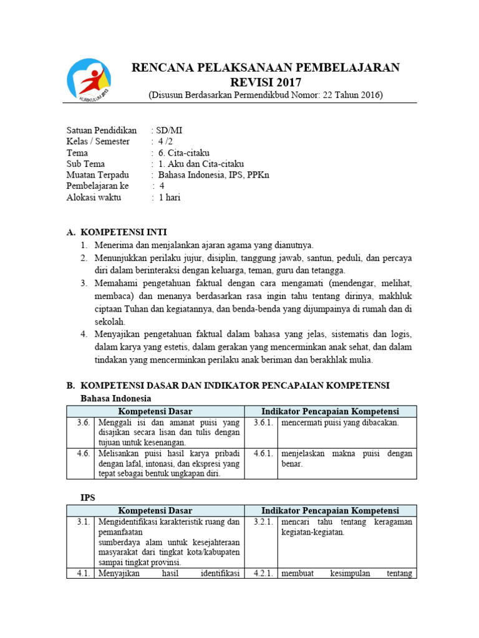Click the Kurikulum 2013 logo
tap(90, 80)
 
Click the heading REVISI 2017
tap(266, 82)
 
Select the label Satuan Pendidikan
tap(102, 131)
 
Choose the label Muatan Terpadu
tap(98, 176)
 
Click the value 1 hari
tap(169, 198)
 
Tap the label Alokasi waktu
tap(94, 198)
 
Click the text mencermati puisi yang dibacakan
tap(339, 422)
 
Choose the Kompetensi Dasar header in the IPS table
tap(155, 511)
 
